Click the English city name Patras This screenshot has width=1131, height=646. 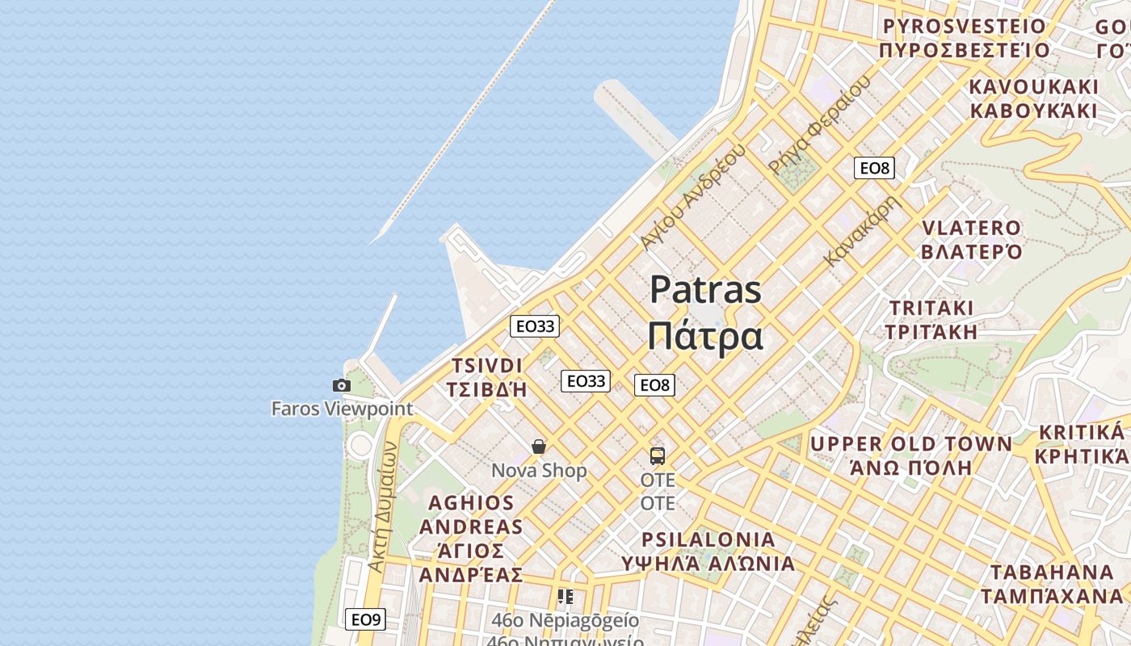click(705, 289)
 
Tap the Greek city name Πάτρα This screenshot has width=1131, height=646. click(705, 335)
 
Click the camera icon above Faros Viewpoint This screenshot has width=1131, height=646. click(342, 386)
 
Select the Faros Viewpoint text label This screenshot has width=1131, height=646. click(342, 409)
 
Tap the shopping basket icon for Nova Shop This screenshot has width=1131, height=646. click(539, 447)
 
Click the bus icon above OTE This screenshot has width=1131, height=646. click(658, 455)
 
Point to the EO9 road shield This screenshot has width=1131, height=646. click(365, 619)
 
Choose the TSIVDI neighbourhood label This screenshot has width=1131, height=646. click(487, 366)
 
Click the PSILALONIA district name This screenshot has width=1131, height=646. click(708, 539)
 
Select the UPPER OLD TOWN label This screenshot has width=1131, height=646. click(910, 444)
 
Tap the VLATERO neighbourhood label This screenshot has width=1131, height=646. click(972, 229)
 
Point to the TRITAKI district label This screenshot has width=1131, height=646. click(931, 308)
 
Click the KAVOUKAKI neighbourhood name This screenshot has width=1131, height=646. click(1034, 87)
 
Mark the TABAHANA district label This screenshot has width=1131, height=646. click(1052, 573)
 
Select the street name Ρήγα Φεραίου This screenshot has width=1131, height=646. click(820, 124)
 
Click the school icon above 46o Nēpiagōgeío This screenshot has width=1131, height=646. click(565, 597)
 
